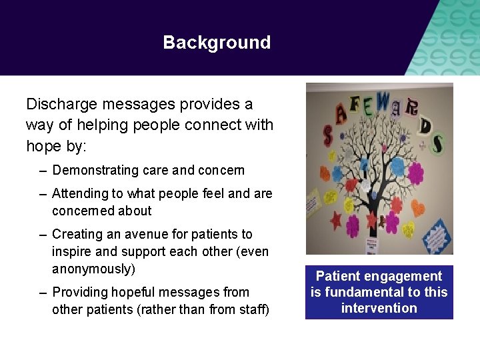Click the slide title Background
coord(217,43)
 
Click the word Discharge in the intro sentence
coord(57,105)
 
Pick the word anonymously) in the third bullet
coord(93,269)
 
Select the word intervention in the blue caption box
coord(379,308)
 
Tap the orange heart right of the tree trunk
coord(418,208)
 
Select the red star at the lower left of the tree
coord(336,219)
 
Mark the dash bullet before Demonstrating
coord(43,171)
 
